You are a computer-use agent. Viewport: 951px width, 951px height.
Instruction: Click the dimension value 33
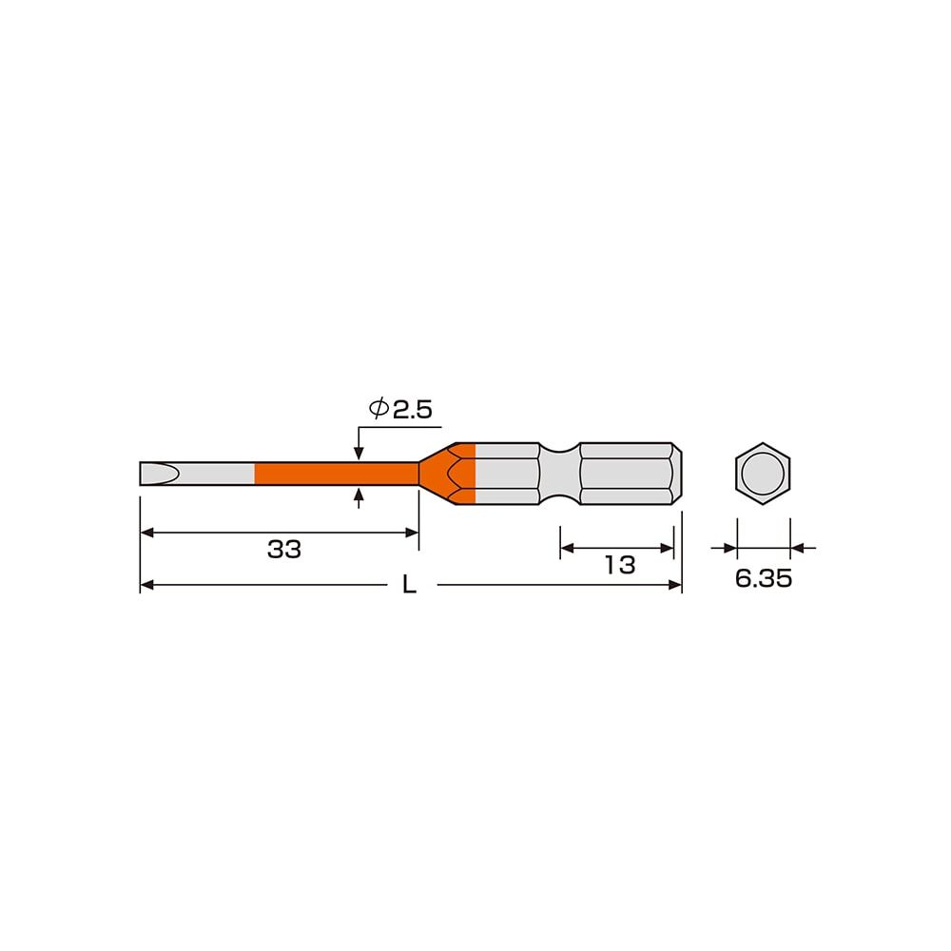[283, 550]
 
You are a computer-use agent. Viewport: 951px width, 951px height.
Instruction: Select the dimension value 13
[619, 565]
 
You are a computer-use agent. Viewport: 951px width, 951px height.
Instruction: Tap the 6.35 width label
[763, 579]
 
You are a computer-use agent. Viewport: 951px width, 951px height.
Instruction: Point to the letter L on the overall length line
[409, 586]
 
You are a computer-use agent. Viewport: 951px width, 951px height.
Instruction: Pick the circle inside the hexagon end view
[763, 474]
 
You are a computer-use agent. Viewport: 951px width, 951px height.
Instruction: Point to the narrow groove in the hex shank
[559, 474]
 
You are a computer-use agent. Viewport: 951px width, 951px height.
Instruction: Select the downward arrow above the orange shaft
[358, 454]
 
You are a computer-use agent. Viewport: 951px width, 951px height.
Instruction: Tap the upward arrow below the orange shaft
[358, 495]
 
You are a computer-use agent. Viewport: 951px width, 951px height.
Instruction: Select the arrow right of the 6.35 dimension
[799, 548]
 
